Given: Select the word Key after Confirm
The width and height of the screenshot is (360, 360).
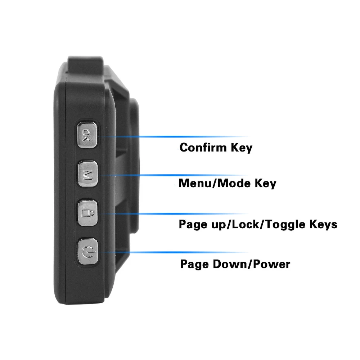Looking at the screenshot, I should pos(242,147).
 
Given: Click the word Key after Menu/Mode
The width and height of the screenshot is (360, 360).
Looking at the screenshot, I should pos(266,183).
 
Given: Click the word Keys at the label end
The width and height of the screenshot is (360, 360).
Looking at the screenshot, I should pos(323,224).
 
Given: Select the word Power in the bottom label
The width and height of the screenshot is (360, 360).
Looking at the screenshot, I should pos(272,264).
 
